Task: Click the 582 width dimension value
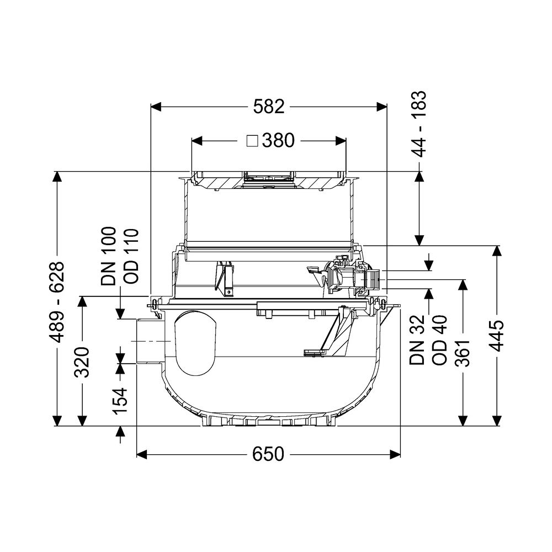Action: pos(269,107)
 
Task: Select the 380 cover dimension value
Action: pos(278,141)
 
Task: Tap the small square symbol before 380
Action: pos(252,141)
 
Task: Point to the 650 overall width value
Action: pos(268,454)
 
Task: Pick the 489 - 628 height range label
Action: pos(56,302)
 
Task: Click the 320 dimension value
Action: pos(82,362)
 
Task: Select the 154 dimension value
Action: pos(120,401)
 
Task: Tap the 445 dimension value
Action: pos(497,336)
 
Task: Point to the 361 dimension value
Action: pos(463,353)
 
